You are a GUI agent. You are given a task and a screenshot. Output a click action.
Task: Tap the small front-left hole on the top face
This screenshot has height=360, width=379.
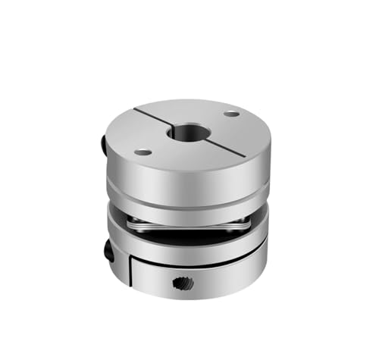143,152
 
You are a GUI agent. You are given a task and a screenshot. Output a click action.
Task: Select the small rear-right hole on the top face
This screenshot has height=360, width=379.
230,114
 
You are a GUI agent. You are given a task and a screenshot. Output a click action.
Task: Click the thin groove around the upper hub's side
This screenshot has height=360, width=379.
186,191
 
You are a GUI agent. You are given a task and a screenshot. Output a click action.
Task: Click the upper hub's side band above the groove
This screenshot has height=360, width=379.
186,178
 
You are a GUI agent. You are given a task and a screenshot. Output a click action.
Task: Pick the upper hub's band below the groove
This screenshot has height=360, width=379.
186,201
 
